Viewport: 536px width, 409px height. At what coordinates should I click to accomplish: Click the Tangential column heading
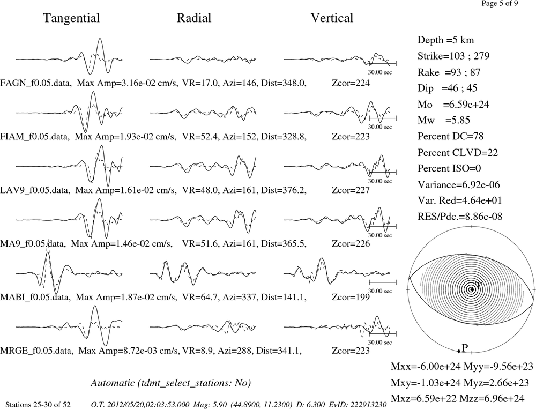[71, 18]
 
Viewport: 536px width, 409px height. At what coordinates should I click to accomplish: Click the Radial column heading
[194, 18]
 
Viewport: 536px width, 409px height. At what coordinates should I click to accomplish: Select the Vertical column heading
[332, 18]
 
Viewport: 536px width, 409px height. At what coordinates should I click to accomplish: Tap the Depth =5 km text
[445, 40]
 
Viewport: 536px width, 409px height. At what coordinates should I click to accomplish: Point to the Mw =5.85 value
[444, 120]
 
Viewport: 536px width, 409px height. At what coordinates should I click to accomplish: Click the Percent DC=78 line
[450, 136]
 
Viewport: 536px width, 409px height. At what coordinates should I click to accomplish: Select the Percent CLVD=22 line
[458, 152]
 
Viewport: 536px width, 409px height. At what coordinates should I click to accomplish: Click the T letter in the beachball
[478, 286]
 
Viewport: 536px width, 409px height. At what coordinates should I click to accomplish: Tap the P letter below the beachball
[465, 348]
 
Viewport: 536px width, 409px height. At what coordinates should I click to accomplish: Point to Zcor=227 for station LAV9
[351, 190]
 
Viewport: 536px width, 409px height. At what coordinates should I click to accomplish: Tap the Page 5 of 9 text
[500, 3]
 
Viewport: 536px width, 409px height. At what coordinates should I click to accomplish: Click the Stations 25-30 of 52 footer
[38, 405]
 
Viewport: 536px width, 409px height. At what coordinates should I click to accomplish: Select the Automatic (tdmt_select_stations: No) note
[171, 383]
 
